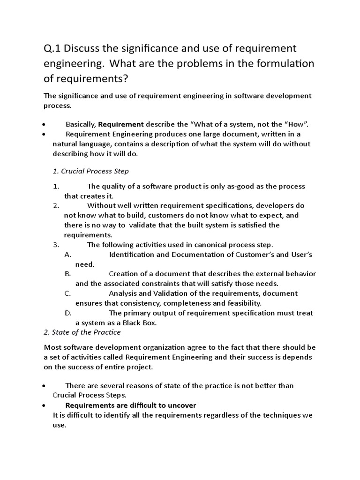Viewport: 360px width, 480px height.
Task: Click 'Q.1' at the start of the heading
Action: (53, 48)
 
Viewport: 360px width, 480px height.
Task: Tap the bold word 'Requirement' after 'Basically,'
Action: (121, 124)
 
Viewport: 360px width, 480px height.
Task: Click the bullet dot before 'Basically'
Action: (43, 125)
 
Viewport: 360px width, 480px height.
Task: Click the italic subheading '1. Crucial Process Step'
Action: (90, 171)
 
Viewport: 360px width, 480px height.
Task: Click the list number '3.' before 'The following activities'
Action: (56, 245)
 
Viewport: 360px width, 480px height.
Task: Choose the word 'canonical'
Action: (203, 245)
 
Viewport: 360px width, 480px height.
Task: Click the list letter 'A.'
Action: (67, 255)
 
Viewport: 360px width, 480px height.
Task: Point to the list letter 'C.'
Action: (67, 293)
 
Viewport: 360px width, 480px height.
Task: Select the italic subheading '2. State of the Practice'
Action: (82, 332)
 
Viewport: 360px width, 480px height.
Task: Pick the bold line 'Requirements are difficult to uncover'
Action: (131, 405)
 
